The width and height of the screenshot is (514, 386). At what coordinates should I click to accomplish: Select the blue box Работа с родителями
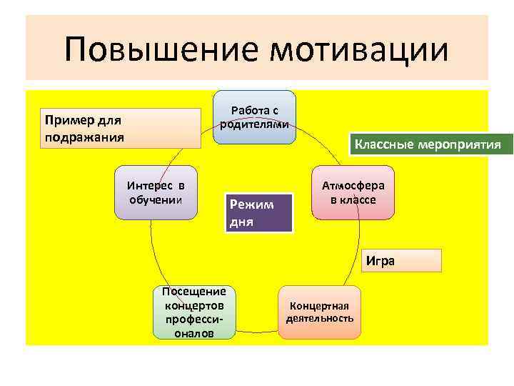tap(254, 117)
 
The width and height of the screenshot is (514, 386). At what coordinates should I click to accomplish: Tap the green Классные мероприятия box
tap(425, 144)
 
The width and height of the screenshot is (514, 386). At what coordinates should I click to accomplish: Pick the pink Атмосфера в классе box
tap(353, 194)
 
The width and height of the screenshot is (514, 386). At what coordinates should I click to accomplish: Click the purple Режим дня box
tap(258, 212)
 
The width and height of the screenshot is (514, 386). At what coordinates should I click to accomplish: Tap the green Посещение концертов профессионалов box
tap(193, 312)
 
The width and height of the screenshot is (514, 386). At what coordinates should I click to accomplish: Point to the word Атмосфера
tap(353, 185)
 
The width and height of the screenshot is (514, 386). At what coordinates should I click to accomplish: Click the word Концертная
tap(320, 304)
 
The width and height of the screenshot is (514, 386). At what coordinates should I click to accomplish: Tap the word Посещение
tap(193, 291)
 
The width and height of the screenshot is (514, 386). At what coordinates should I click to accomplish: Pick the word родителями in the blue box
tap(254, 124)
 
